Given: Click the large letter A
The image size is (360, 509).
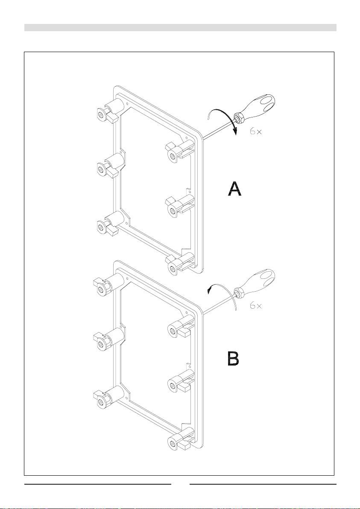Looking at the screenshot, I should pos(234,189).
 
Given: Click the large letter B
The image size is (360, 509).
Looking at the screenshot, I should pos(233,359).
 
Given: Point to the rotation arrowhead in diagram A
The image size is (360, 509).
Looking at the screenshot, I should pos(234,132).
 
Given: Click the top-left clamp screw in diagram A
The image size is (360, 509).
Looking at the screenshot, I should pos(101,113).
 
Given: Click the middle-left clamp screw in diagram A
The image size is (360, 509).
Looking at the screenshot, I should pos(101,169).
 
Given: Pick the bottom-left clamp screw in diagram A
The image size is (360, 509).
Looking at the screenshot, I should pos(101,225).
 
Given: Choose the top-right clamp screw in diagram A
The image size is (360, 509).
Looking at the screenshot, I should pos(172,155).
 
